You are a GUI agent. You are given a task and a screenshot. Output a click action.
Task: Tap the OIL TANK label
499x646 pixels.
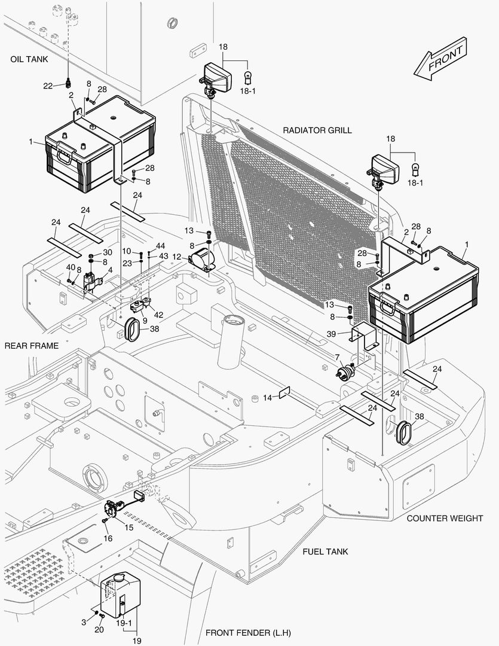[x=29, y=59]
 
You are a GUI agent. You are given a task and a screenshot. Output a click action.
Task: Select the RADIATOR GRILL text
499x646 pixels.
[x=317, y=130]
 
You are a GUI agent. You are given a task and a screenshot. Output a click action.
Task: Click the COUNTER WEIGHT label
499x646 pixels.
[x=445, y=518]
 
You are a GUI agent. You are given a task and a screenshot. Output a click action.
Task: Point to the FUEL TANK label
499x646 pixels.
[x=325, y=551]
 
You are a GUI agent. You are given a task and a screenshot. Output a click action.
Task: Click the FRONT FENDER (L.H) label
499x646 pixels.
[x=248, y=632]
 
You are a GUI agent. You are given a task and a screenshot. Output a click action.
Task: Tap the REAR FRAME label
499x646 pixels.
[x=32, y=346]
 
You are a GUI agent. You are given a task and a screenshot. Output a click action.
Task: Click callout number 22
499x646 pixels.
[x=48, y=86]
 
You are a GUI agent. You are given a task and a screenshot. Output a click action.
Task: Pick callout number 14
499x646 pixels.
[x=267, y=397]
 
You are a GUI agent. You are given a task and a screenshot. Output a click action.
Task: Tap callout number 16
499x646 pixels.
[x=108, y=538]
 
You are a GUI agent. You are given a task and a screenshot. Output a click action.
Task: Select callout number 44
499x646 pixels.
[x=161, y=246]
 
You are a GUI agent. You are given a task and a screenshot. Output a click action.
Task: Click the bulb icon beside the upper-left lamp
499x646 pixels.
[x=249, y=76]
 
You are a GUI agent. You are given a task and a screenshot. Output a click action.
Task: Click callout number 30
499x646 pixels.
[x=108, y=252]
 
